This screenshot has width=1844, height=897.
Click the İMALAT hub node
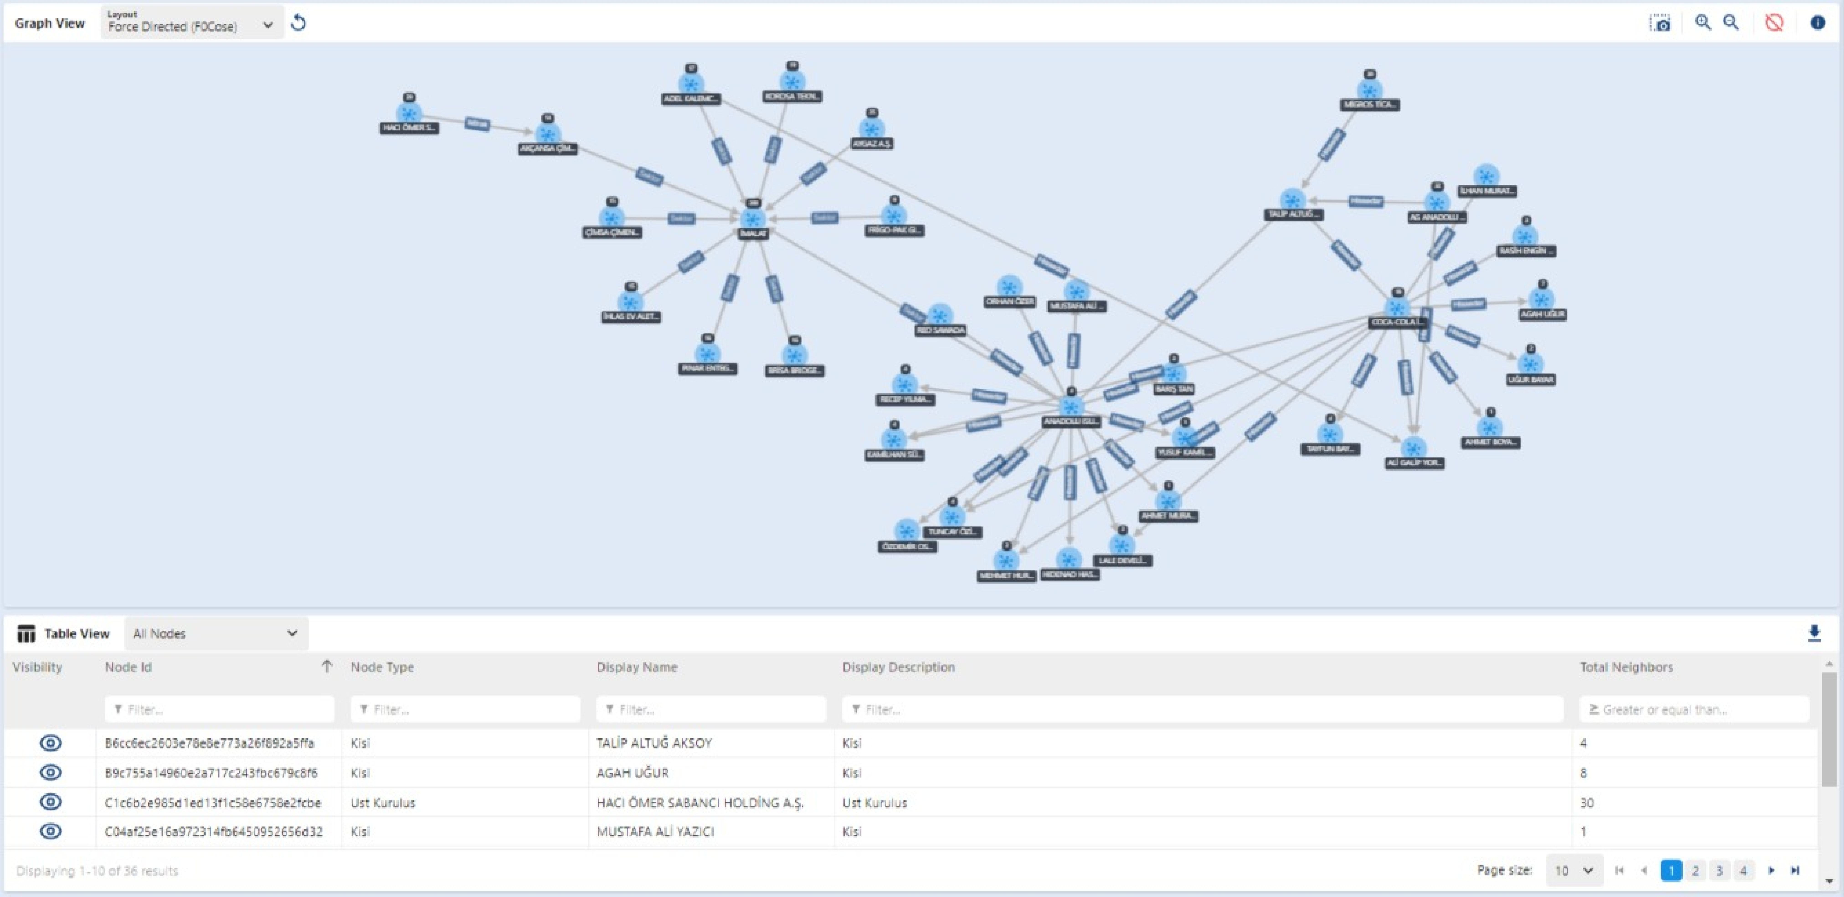[x=752, y=219]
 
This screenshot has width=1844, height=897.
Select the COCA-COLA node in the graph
[x=1397, y=308]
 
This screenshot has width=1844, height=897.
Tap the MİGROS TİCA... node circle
[x=1369, y=90]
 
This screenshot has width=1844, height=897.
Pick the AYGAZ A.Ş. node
[x=871, y=129]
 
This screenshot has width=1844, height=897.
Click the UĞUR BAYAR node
[x=1530, y=364]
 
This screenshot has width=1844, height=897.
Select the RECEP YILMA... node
[x=905, y=385]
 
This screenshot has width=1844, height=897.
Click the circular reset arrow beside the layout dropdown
[x=298, y=24]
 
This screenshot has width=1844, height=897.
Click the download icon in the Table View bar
[x=1814, y=633]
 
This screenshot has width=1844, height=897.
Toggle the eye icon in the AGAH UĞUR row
[x=50, y=772]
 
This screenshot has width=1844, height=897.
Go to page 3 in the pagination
[x=1719, y=871]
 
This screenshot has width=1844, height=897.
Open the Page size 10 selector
[x=1573, y=871]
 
